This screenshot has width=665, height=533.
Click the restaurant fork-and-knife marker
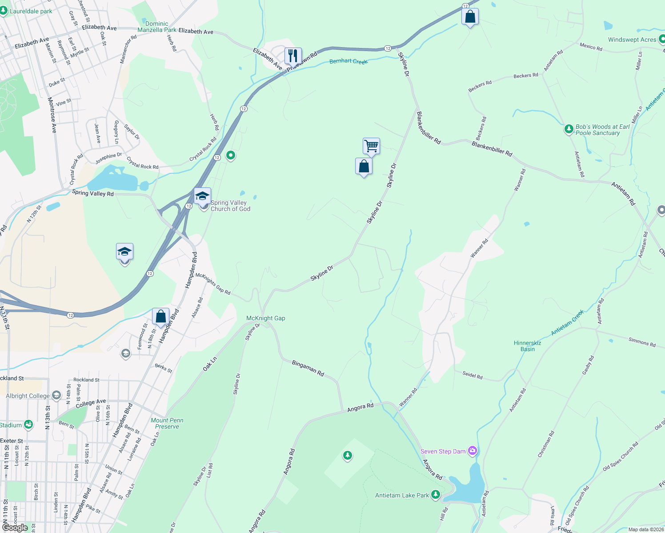[x=292, y=56]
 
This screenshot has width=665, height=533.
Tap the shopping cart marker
[x=371, y=146]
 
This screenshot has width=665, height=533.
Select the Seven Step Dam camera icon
[x=473, y=451]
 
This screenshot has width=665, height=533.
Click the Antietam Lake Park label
[x=402, y=495]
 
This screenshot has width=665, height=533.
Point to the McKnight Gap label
[x=266, y=318]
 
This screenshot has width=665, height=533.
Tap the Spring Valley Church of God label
[x=230, y=206]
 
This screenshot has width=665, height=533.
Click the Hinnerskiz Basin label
[x=527, y=346]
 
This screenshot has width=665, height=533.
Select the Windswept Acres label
[x=632, y=40]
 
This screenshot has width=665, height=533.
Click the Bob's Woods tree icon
[x=569, y=129]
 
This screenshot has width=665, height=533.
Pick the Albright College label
[x=28, y=396]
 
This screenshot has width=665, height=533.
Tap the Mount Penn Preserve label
[x=167, y=423]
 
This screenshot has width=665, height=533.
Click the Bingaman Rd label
[x=308, y=369]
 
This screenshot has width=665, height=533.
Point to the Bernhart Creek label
[x=349, y=61]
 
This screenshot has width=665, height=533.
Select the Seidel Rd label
[x=472, y=375]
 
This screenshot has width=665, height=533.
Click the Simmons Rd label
[x=642, y=342]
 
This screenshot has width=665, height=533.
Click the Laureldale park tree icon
[x=4, y=11]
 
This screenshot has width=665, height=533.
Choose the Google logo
[x=15, y=528]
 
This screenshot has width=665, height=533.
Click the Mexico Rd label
[x=591, y=46]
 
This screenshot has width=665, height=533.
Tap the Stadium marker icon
[x=28, y=425]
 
